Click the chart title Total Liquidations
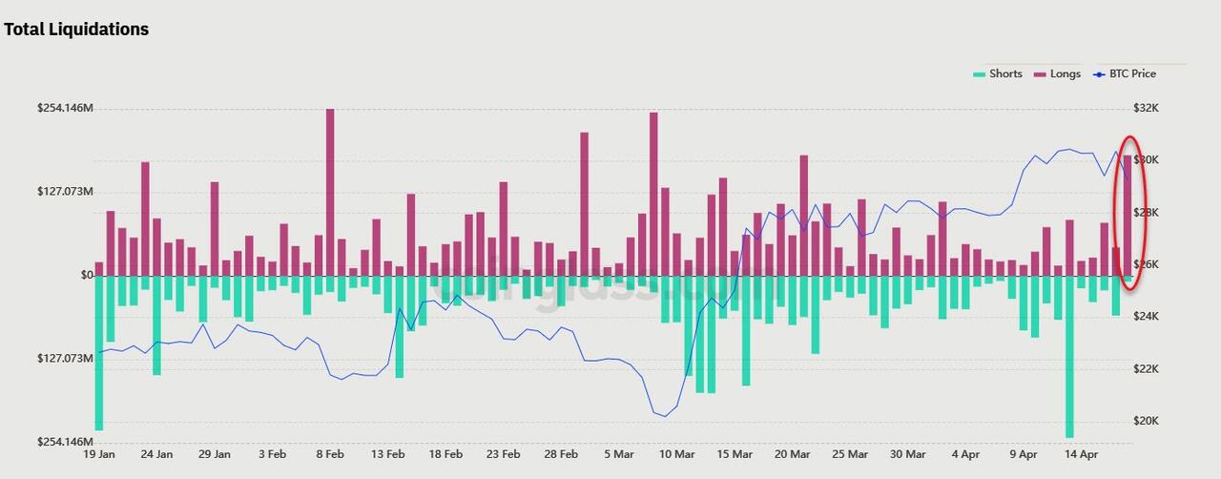pos(76,30)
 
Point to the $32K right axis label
pos(1145,109)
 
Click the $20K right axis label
pos(1145,422)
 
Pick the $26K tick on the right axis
pos(1145,265)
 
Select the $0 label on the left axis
pos(87,276)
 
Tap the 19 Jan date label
pos(99,455)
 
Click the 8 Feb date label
pos(330,455)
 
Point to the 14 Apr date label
pos(1081,455)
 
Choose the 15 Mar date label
pos(735,455)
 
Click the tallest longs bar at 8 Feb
pos(330,191)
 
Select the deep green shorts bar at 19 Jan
pos(99,353)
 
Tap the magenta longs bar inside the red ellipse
pos(1128,215)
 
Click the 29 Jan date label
pos(215,455)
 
